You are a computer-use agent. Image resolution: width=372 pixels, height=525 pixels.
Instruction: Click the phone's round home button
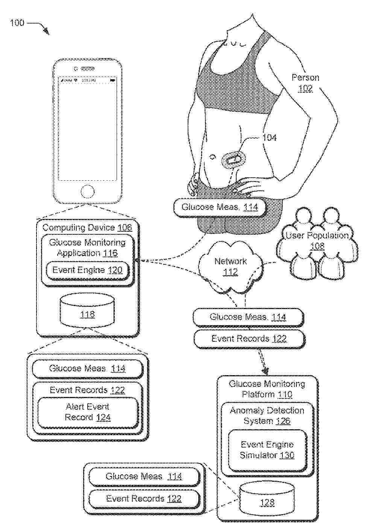[x=87, y=192]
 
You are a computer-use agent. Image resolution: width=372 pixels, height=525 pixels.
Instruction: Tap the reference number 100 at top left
[x=17, y=23]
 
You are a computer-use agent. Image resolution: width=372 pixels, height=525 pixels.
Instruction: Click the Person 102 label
[x=305, y=83]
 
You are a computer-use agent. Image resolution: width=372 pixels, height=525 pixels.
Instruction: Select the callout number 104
[x=269, y=137]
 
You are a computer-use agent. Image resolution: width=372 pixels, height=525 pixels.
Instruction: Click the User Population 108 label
[x=317, y=241]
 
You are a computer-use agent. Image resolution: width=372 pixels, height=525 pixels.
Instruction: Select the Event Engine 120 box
[x=87, y=270]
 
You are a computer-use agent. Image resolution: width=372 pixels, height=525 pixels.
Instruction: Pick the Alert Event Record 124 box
[x=88, y=412]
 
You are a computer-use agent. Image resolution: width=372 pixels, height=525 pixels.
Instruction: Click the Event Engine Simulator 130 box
[x=267, y=450]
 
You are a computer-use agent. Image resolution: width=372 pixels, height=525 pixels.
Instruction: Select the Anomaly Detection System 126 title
[x=267, y=416]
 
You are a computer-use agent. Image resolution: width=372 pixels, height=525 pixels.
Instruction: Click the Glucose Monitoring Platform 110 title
[x=267, y=389]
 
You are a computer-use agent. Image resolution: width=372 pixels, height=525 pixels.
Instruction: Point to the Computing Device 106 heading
[x=87, y=228]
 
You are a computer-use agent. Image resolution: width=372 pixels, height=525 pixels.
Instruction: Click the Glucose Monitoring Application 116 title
[x=87, y=248]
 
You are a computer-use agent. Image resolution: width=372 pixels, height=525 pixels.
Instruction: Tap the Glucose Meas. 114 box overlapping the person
[x=220, y=207]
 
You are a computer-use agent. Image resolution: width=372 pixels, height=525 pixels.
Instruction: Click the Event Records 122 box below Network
[x=249, y=339]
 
